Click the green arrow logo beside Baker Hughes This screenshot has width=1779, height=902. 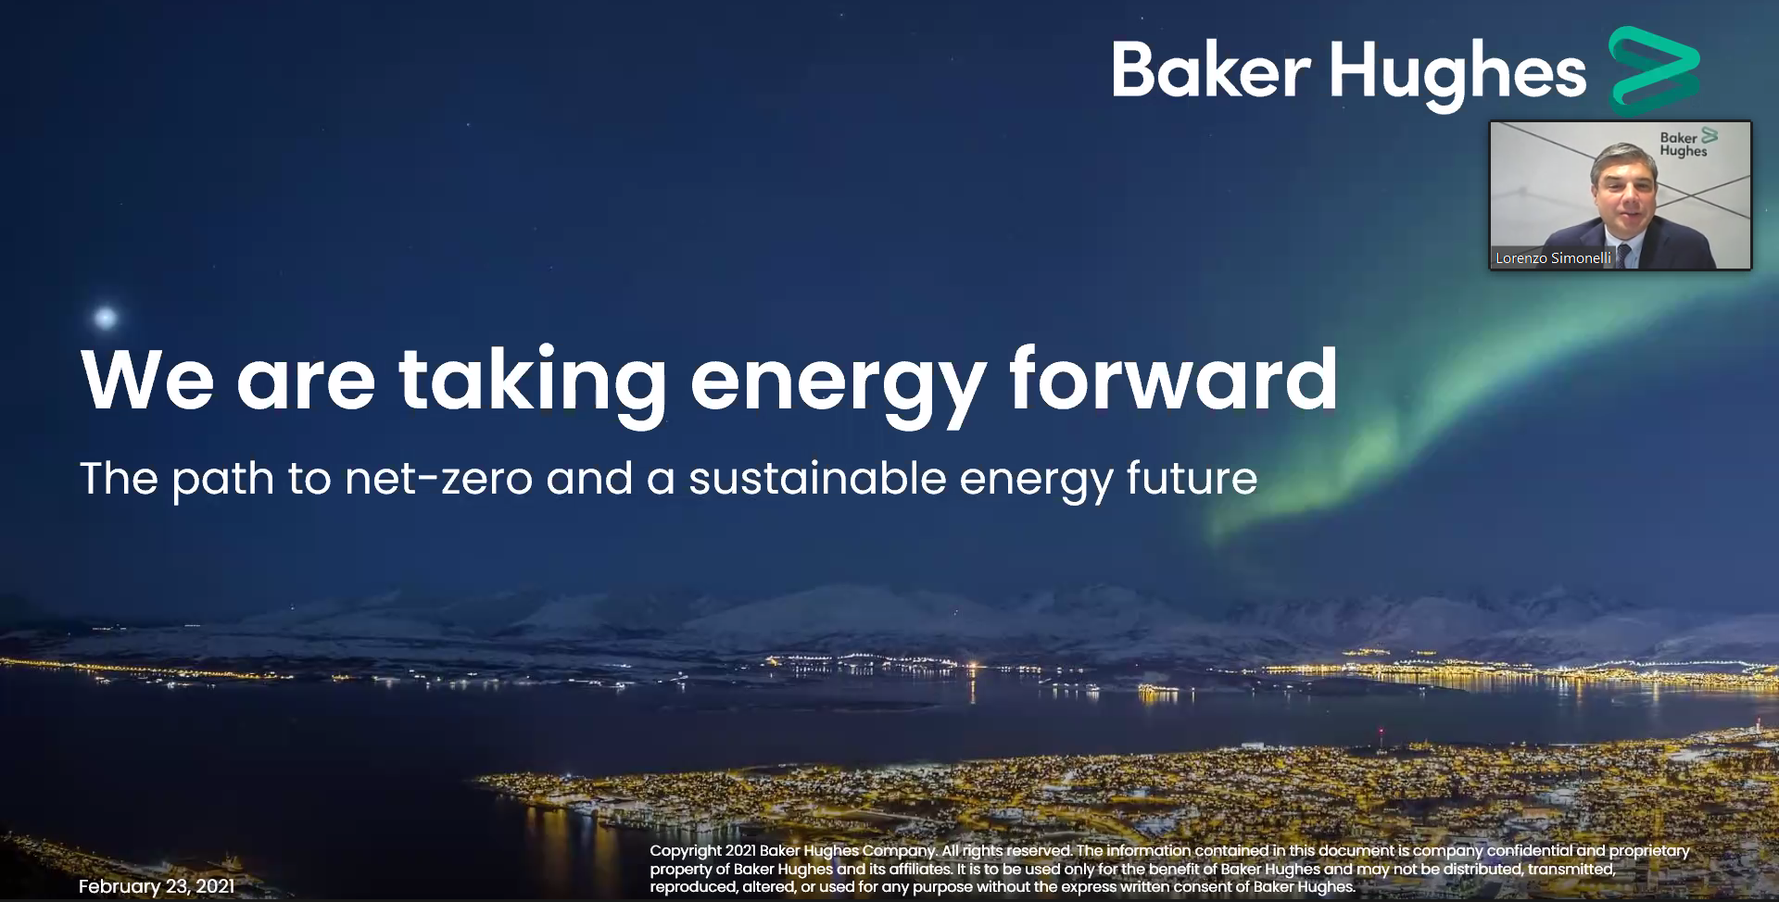(x=1654, y=69)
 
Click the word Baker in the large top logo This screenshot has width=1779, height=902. (x=1211, y=69)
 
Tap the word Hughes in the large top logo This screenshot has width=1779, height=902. (x=1458, y=74)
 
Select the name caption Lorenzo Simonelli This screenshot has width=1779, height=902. (x=1553, y=258)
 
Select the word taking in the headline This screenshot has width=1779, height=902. (x=532, y=384)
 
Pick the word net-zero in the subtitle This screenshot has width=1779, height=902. (x=439, y=480)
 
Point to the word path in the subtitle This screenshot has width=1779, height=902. (x=223, y=481)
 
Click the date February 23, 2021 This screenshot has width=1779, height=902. (x=157, y=886)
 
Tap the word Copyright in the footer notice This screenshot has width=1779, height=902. (x=686, y=851)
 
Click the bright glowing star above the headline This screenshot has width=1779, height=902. (x=106, y=319)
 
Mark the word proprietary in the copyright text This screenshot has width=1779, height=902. (x=1649, y=851)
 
